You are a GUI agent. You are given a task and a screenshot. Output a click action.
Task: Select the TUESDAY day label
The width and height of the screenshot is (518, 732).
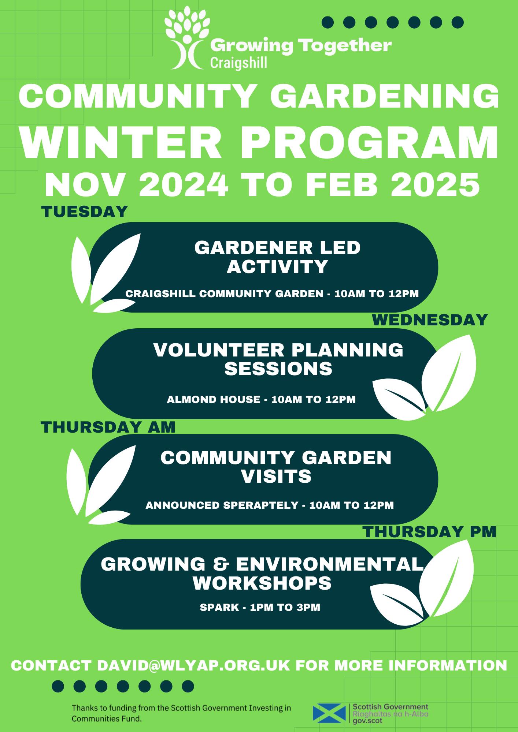(84, 212)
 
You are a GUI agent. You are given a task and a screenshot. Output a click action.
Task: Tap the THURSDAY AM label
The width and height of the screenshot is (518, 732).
(108, 427)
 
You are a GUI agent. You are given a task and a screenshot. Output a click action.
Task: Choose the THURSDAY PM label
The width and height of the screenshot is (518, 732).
(429, 532)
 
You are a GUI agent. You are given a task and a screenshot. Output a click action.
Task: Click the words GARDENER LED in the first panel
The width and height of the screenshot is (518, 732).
(277, 248)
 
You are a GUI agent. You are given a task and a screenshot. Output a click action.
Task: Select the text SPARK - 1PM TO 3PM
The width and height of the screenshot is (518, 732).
(260, 608)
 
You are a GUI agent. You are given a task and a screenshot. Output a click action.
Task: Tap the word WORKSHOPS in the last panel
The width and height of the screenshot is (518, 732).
(262, 583)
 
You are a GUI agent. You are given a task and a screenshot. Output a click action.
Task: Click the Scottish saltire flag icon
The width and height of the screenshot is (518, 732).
(329, 714)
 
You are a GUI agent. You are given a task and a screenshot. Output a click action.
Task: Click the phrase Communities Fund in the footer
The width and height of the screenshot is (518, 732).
(106, 719)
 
